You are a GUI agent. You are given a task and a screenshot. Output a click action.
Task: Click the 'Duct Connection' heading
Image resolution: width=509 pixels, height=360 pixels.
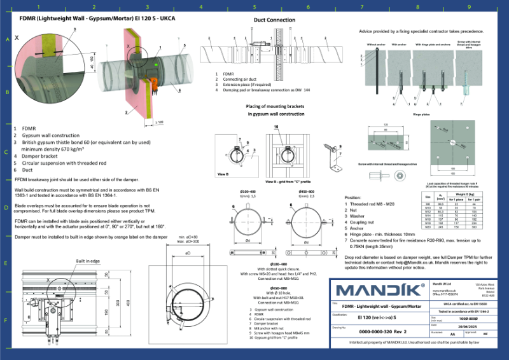pyautogui.click(x=274, y=20)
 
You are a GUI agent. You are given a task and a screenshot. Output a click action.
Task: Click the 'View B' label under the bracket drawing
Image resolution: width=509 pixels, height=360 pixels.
pyautogui.click(x=223, y=172)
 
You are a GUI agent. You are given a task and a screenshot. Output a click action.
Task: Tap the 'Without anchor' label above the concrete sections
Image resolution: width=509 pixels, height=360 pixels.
pyautogui.click(x=376, y=45)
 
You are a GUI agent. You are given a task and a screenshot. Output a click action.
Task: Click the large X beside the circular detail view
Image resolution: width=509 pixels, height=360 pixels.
pyautogui.click(x=17, y=38)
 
